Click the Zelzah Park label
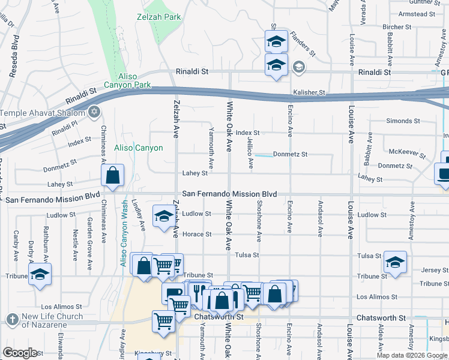click(x=158, y=17)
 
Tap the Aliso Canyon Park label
click(x=127, y=81)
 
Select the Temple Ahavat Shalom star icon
click(x=93, y=112)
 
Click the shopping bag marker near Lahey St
click(x=112, y=175)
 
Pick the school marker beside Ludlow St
click(x=163, y=216)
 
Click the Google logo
click(x=20, y=353)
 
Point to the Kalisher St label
click(x=309, y=93)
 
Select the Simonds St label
click(x=399, y=121)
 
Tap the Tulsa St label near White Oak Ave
click(x=247, y=255)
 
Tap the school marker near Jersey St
click(x=394, y=262)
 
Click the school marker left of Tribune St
click(x=40, y=274)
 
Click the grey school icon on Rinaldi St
click(x=298, y=67)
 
